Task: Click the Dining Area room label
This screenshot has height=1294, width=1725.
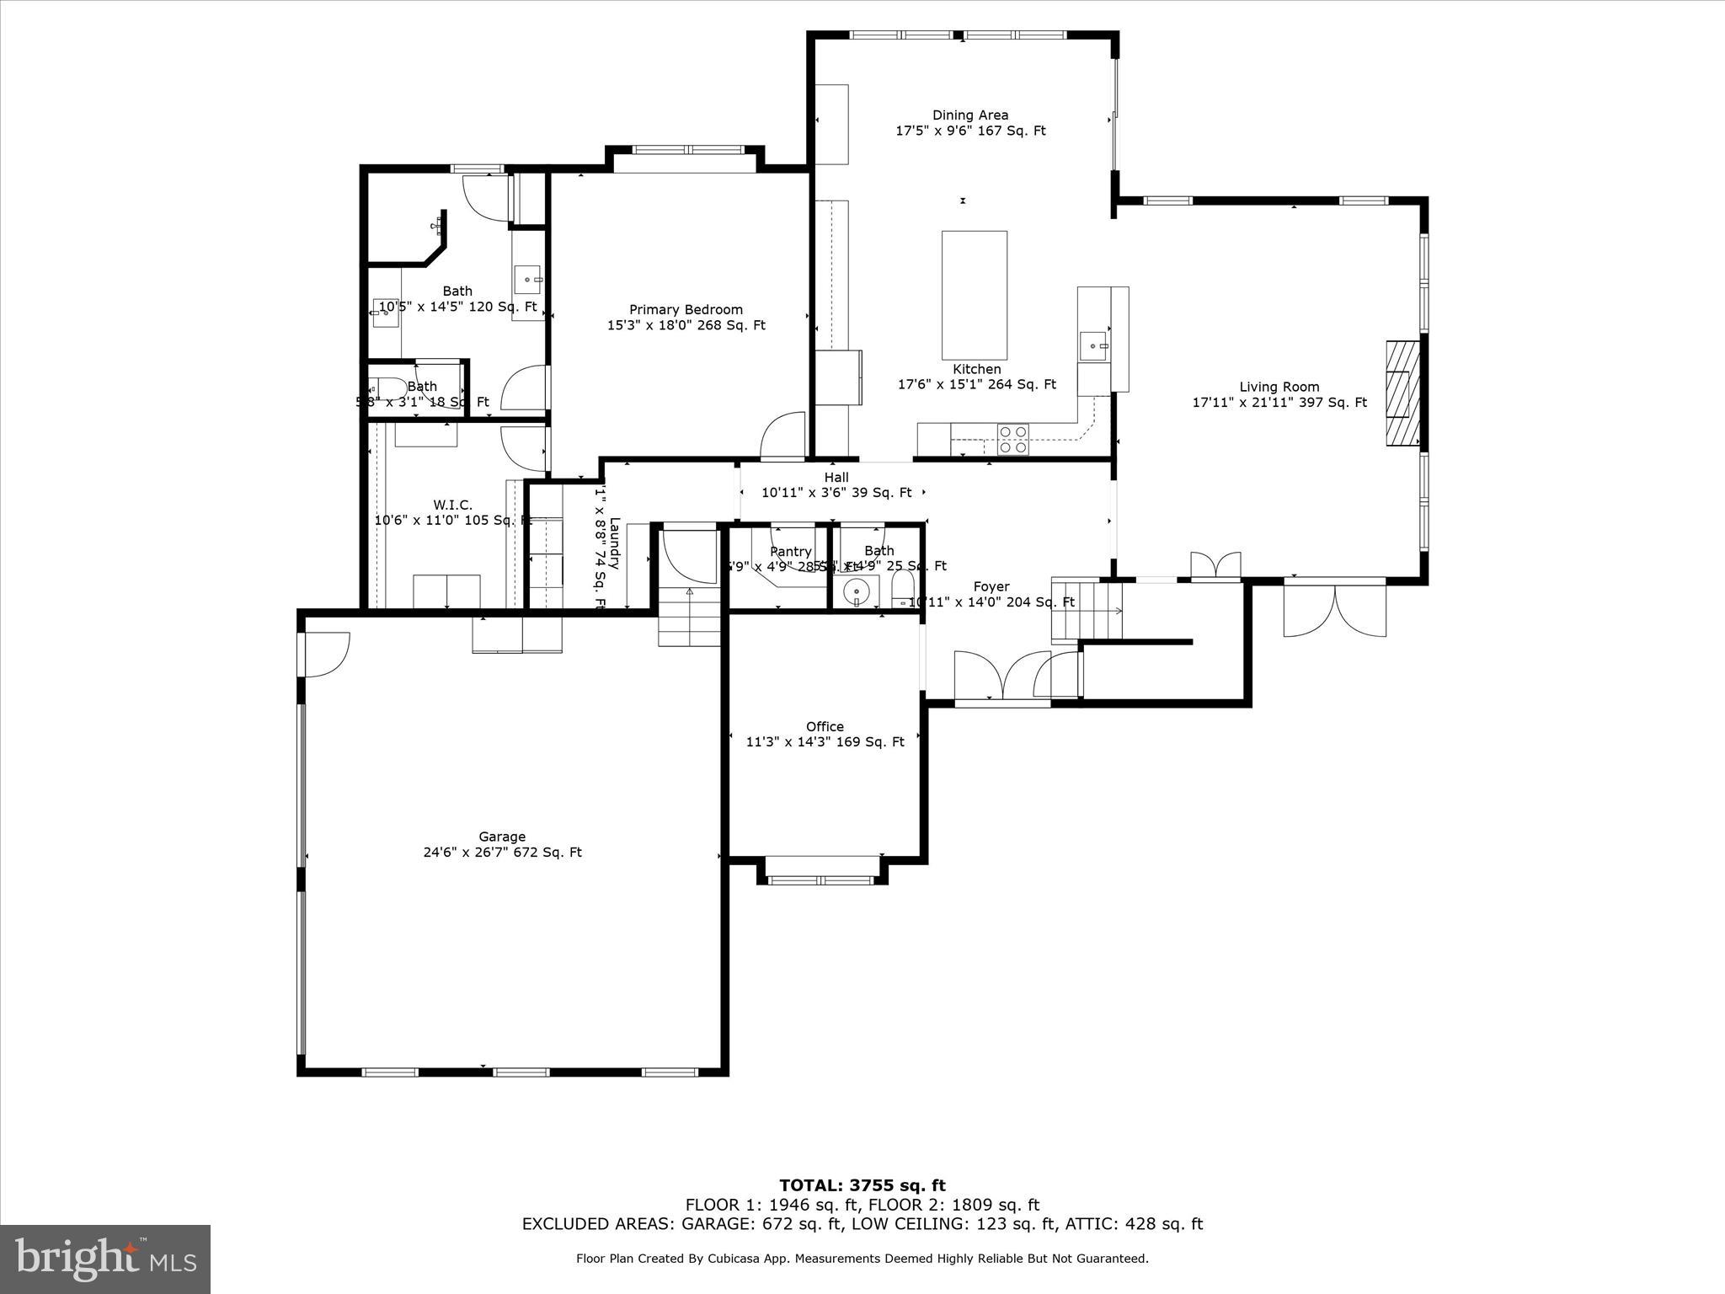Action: (969, 115)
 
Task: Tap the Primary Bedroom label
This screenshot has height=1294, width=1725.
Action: (686, 310)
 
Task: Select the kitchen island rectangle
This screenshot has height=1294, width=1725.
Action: (974, 295)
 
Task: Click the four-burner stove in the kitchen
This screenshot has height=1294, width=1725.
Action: (1012, 439)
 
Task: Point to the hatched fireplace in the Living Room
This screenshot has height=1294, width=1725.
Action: (1402, 393)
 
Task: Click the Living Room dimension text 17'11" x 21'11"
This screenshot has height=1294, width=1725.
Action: (1279, 403)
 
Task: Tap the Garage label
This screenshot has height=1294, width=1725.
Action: (502, 837)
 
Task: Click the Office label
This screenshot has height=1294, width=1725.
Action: (824, 726)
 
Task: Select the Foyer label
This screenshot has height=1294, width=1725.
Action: (991, 586)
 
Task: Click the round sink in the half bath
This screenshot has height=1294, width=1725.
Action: (856, 591)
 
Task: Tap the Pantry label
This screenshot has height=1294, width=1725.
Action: (790, 551)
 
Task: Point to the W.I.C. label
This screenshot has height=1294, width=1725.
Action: (452, 505)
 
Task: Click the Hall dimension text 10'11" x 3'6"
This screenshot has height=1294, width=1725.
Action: (836, 493)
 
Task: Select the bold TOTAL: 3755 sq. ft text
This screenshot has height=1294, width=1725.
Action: (862, 1185)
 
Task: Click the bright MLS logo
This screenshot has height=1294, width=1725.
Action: (105, 1259)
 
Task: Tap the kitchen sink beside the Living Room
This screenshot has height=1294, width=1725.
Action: (1093, 345)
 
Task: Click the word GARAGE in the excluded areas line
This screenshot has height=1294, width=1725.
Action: (711, 1224)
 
